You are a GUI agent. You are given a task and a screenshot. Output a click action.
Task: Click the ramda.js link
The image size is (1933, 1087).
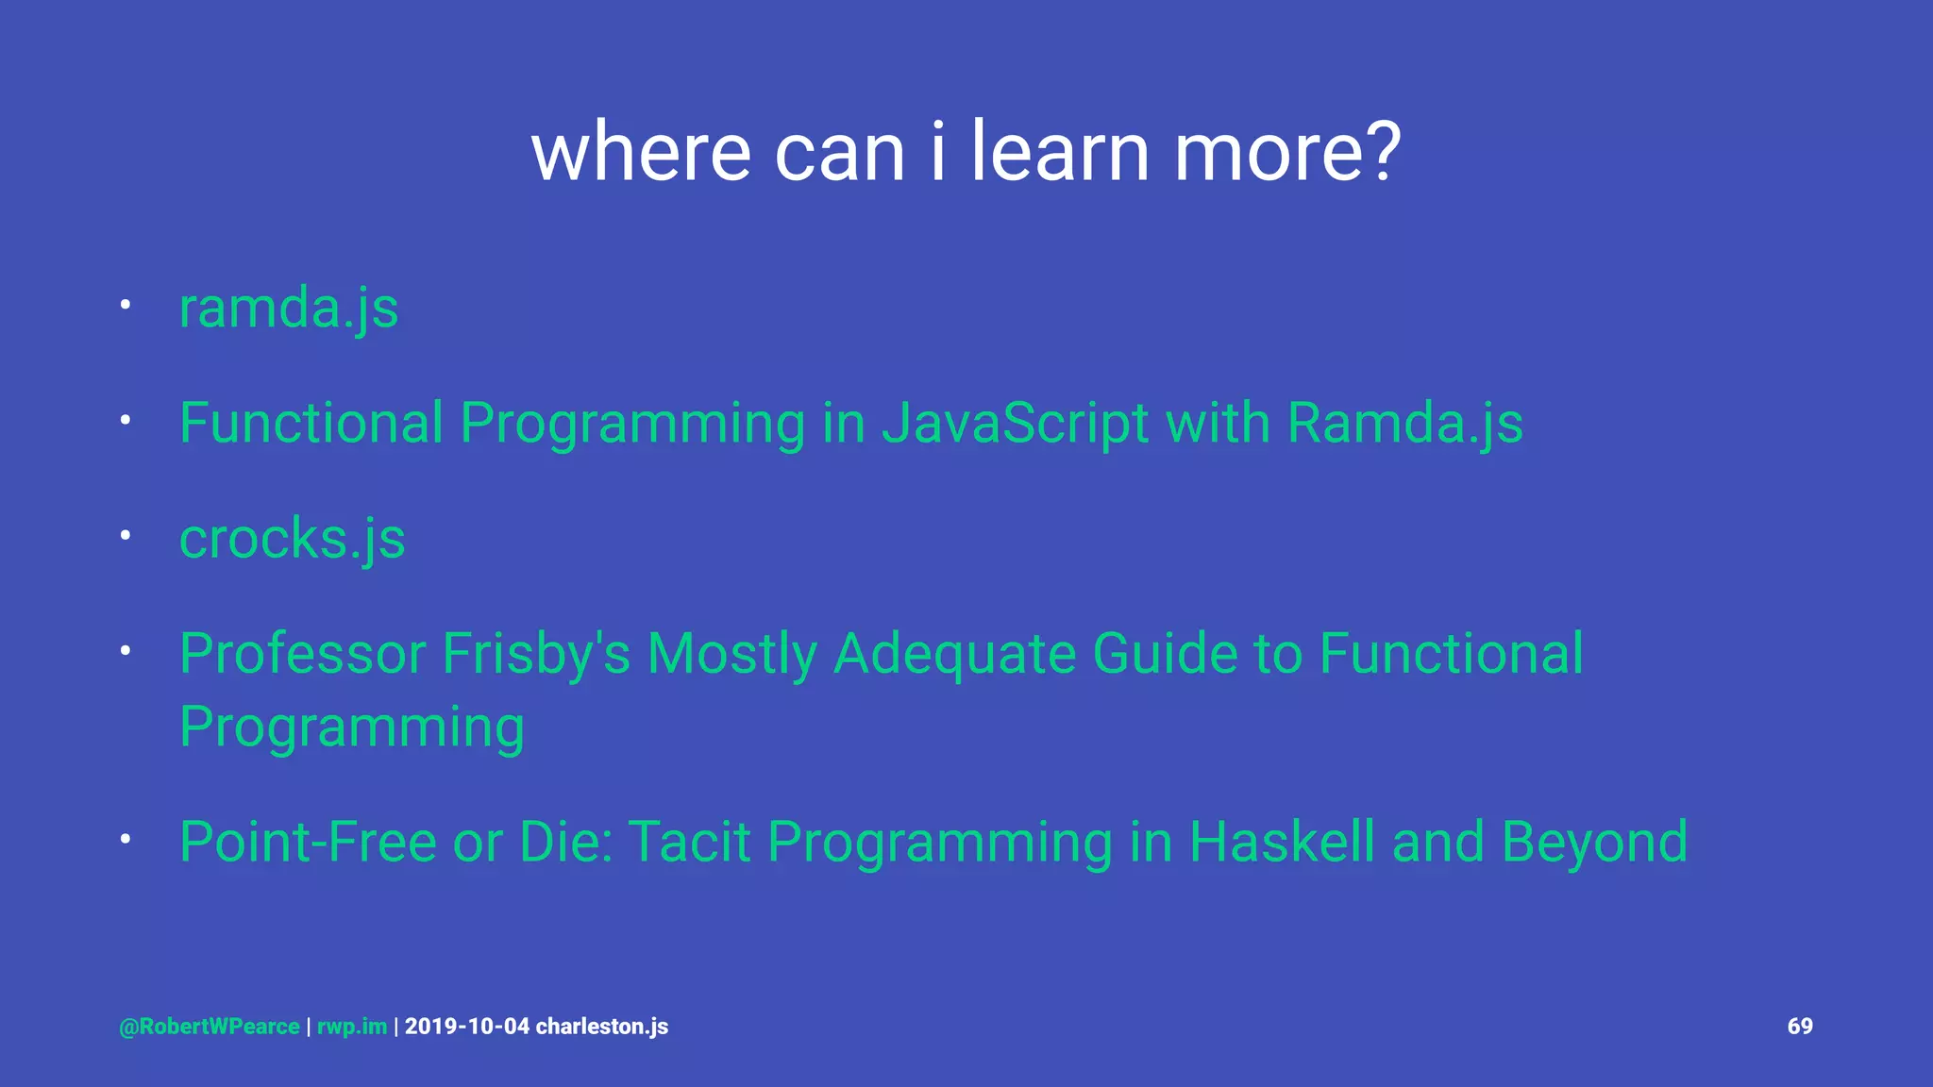tap(289, 309)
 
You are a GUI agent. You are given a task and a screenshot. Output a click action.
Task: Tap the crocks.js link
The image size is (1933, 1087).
tap(292, 539)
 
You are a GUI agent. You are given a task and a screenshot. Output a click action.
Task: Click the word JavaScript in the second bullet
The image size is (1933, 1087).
tap(1016, 423)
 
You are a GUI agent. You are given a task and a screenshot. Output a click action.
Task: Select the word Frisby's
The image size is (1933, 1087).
tap(535, 653)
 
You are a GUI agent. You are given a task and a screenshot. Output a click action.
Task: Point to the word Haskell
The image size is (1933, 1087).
tap(1281, 842)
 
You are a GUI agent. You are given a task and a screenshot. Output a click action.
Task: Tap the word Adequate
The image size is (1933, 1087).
tap(954, 653)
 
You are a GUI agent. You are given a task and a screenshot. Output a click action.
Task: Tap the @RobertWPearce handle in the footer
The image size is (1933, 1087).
tap(210, 1027)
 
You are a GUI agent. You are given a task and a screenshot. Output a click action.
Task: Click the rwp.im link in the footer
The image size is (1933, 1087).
tap(352, 1027)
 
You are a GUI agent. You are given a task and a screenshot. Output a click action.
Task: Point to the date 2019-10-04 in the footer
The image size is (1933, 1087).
tap(467, 1027)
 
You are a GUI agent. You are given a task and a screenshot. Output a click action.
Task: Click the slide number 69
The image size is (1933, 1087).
tap(1800, 1026)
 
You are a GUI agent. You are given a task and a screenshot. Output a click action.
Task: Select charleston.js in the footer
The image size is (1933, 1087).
tap(602, 1027)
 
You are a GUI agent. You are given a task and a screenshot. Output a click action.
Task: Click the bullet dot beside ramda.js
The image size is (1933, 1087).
tap(125, 305)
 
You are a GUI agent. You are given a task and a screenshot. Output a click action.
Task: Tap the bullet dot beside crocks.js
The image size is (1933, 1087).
tap(125, 535)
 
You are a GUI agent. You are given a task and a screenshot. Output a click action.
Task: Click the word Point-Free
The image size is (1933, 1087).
tap(308, 842)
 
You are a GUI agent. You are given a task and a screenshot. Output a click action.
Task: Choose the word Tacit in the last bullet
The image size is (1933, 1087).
tap(689, 842)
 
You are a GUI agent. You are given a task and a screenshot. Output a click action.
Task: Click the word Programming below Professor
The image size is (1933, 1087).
tap(351, 727)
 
